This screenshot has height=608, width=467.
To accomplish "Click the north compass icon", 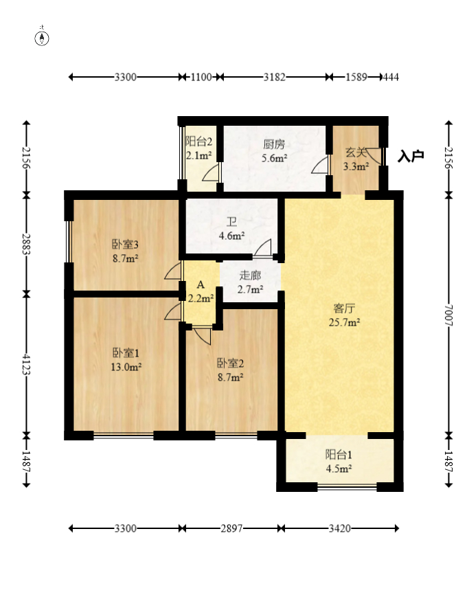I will pos(43,38).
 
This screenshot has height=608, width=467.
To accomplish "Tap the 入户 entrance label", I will pos(411,157).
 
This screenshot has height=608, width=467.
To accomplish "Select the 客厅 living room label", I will pos(344,308).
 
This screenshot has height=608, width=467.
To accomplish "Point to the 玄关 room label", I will pos(354,153).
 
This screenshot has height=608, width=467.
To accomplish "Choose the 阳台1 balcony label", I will pos(339,455).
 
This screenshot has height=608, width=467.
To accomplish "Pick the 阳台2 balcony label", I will pos(199,142).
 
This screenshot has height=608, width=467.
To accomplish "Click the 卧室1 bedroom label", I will pos(126,353).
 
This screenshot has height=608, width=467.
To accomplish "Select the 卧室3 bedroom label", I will pos(126,245).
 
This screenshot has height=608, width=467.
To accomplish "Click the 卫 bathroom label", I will pos(232,222).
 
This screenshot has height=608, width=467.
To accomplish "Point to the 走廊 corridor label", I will pos(250,275).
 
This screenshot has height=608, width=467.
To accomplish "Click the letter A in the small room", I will pos(201,284).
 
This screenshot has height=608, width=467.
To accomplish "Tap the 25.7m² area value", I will pos(344,322).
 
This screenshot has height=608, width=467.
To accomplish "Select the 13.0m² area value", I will pos(126,367).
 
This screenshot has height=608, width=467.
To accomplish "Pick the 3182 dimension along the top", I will pos(275,78).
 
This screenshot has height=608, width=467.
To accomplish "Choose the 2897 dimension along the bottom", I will pos(232,528).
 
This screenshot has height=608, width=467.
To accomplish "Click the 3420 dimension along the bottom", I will pos(340,528).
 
